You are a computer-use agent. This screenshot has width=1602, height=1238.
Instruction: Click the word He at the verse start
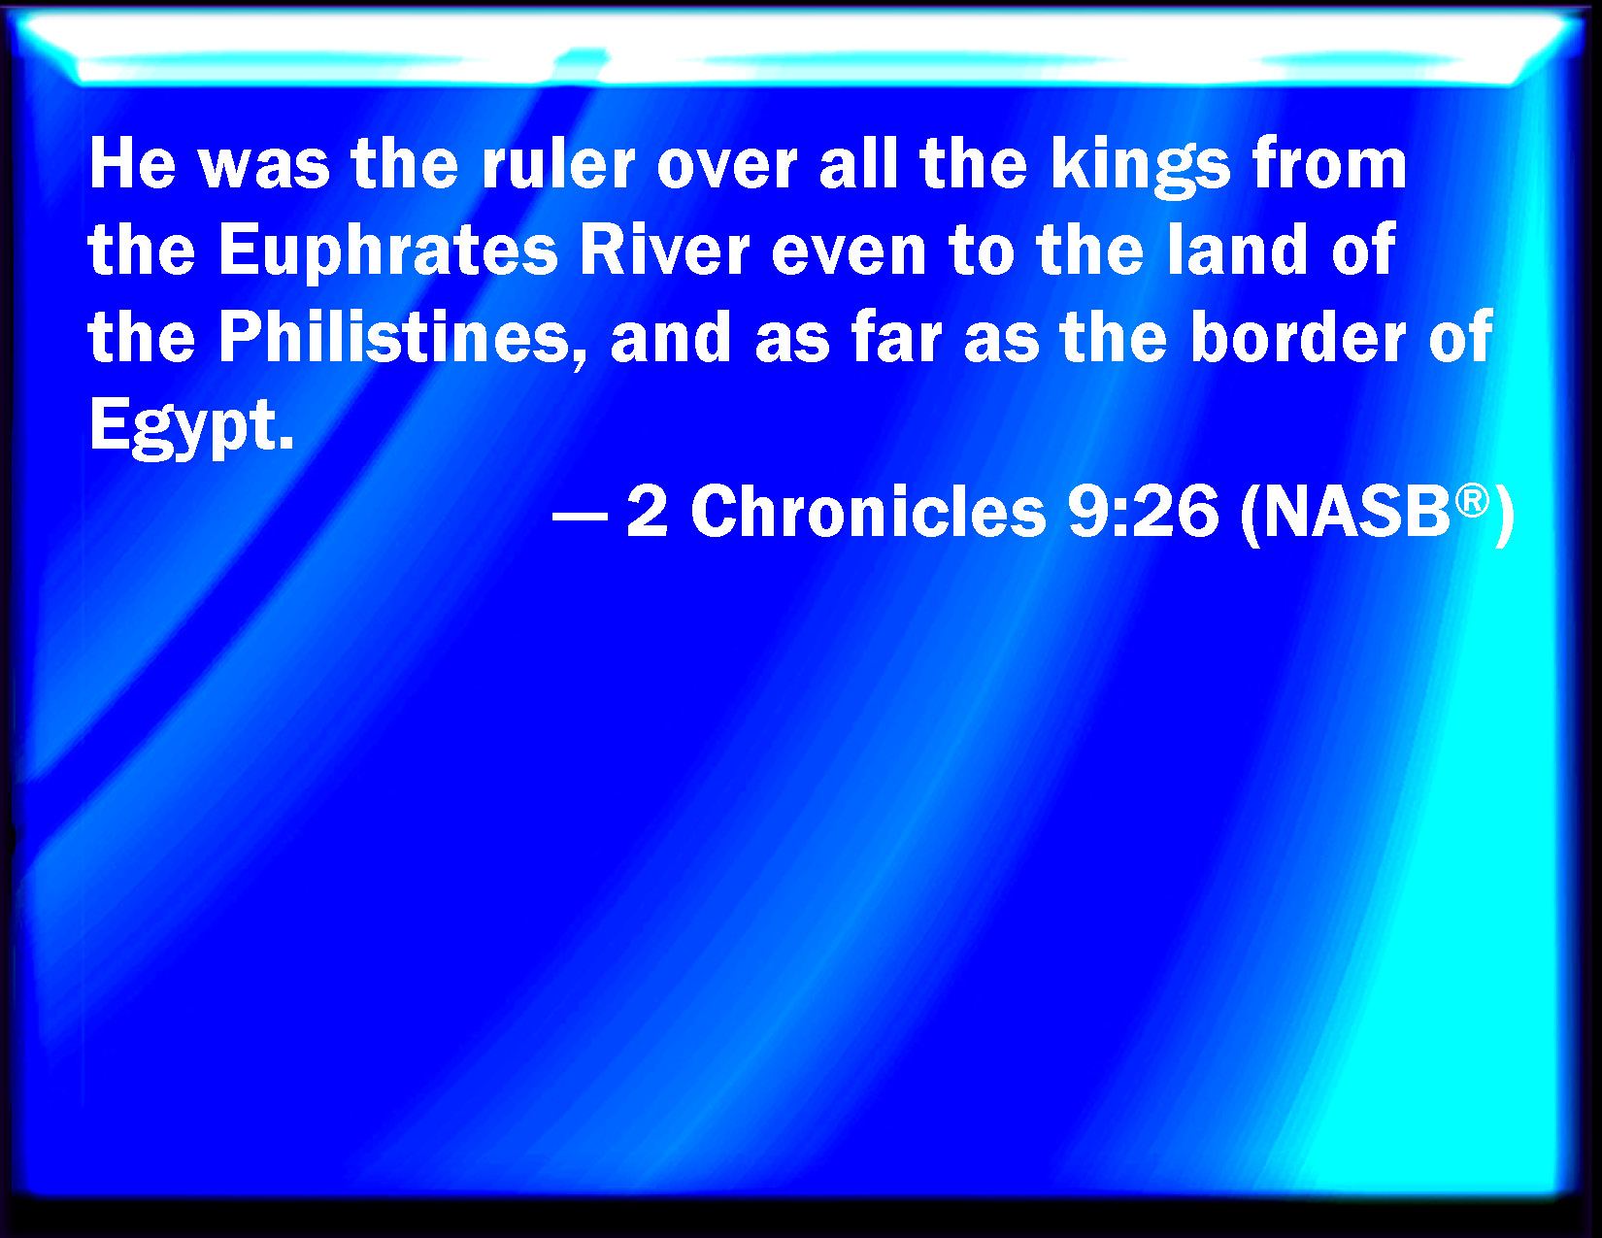point(133,164)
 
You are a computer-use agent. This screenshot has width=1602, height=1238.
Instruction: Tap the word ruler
point(558,164)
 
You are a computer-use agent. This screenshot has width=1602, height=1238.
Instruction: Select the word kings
point(1140,169)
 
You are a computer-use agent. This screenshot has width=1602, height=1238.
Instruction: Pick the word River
point(664,250)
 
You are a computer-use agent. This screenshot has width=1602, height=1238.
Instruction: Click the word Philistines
point(403,339)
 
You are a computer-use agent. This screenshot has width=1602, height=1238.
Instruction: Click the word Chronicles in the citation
point(868,513)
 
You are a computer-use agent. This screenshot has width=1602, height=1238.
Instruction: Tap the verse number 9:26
point(1143,513)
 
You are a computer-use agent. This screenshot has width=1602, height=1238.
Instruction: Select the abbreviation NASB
point(1356,513)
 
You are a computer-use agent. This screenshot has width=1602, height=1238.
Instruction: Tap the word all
point(858,164)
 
